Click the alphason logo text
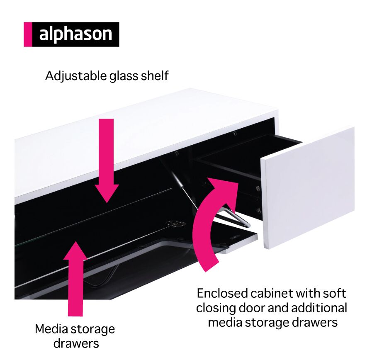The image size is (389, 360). pos(75,34)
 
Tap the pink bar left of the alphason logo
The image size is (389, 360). pos(28,34)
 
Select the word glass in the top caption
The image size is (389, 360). pos(124,76)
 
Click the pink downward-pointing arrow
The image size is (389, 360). pos(107,161)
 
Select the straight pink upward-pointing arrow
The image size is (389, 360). pos(75,279)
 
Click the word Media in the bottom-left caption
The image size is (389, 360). pos(51,329)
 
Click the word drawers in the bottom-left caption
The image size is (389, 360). pos(76,344)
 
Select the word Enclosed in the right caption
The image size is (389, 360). pos(222,294)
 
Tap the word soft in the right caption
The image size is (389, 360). pos(334,294)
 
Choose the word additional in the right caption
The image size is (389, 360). pos(319,308)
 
